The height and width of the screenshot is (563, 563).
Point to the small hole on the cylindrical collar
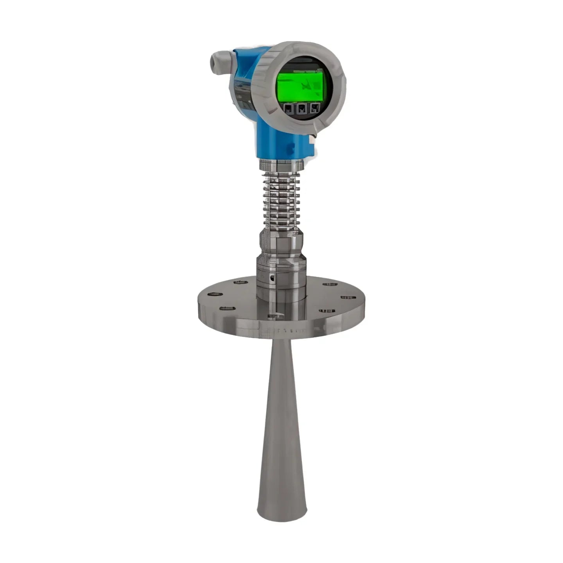point(272,278)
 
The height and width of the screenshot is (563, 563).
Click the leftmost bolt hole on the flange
point(213,294)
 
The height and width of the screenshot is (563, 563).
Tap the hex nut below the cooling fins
point(281,242)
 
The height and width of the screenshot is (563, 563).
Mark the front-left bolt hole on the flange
point(227,308)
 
